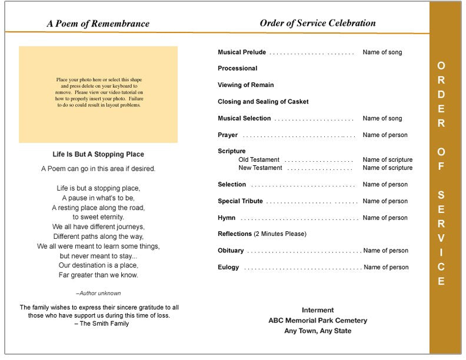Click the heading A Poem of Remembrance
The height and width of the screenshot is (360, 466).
coord(98,24)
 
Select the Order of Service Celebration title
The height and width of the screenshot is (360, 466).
coord(318,24)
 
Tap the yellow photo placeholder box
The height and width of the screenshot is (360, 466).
coord(98,95)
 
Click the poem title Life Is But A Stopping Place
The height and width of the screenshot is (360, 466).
coord(98,155)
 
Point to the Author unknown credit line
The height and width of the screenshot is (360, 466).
coord(98,293)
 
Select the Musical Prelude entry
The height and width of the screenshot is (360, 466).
coord(242,52)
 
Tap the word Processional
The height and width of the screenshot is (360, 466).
coord(238,68)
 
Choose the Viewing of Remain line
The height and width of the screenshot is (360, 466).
coord(246,85)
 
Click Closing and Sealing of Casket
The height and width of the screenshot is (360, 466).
coord(263,102)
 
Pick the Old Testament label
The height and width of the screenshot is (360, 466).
coord(259,160)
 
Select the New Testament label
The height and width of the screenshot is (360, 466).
coord(260,168)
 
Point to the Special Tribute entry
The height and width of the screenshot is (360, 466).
coord(240,201)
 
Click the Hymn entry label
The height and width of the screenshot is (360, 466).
coord(227,218)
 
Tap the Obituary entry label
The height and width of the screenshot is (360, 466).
coord(231,251)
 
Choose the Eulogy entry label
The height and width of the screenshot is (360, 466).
coord(228,267)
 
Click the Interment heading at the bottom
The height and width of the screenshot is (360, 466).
coord(318,310)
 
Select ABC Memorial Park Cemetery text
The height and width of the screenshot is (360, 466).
coord(318,321)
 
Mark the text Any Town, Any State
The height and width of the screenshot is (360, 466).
coord(318,331)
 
